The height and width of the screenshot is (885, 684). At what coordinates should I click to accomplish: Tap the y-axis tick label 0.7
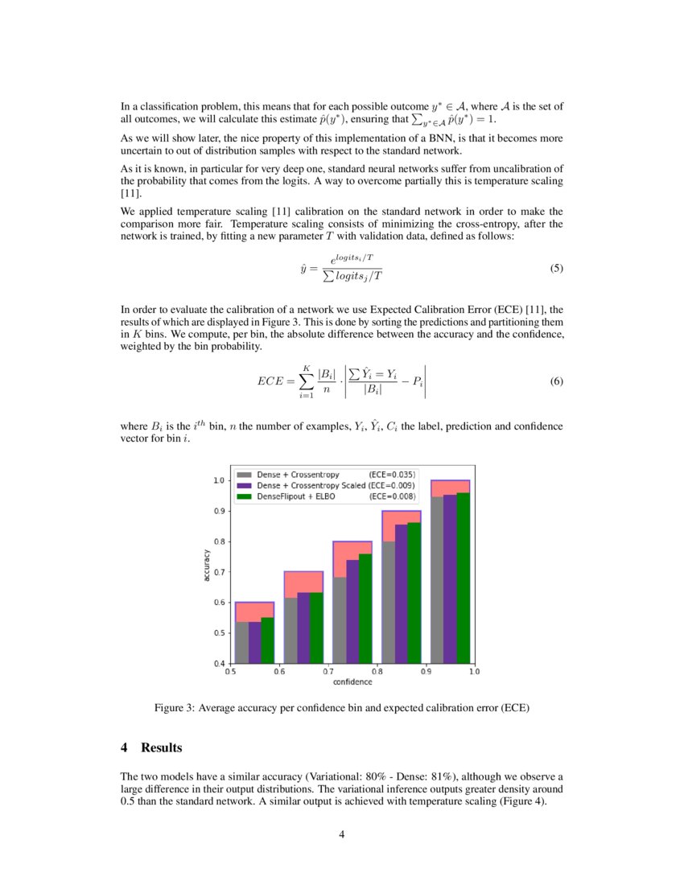[217, 572]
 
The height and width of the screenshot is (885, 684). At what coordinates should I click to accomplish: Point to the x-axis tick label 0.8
[377, 670]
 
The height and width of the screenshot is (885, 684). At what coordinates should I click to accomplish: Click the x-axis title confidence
[352, 681]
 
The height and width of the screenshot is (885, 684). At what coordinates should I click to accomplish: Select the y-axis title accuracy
[207, 565]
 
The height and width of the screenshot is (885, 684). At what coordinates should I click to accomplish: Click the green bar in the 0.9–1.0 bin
[463, 578]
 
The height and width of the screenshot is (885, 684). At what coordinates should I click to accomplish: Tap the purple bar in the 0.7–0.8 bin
[352, 611]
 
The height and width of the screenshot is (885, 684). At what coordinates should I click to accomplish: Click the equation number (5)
[556, 269]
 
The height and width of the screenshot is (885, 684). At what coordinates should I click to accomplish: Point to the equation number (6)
[556, 381]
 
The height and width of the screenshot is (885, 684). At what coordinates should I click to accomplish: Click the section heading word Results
[162, 748]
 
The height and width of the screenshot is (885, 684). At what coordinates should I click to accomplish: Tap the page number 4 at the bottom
[342, 834]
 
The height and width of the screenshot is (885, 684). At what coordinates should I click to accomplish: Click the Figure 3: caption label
[175, 709]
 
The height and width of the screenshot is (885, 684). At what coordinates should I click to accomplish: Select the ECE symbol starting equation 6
[270, 382]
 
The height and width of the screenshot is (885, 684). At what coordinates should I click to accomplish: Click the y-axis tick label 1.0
[217, 481]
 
